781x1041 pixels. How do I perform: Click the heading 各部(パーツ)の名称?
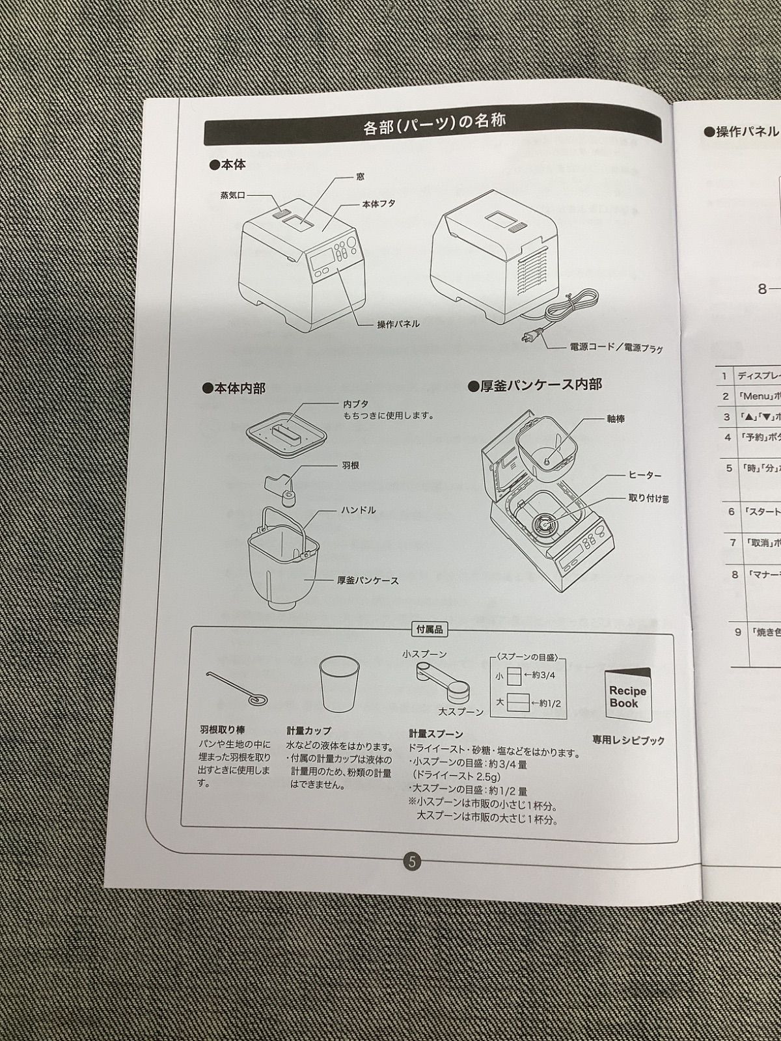tap(434, 124)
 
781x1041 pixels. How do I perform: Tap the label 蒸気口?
tap(232, 195)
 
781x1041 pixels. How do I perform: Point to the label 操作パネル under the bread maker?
tap(398, 324)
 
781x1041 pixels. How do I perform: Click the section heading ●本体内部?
tap(234, 388)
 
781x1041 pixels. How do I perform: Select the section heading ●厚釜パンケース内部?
tap(535, 385)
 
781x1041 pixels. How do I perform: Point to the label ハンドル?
tap(358, 510)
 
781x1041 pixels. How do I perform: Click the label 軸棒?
tap(615, 419)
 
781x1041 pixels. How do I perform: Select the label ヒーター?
tap(644, 476)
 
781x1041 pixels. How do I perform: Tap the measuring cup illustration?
tap(339, 685)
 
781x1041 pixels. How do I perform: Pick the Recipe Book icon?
tap(627, 695)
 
